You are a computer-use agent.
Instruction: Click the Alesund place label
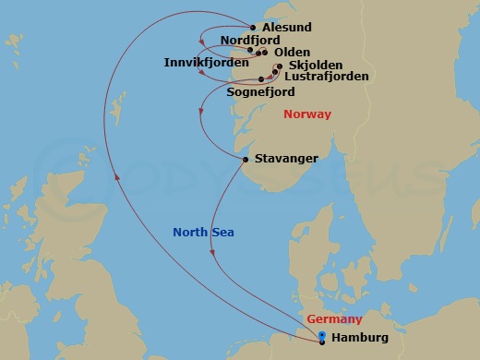pos(286,28)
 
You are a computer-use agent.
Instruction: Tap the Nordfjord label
pos(251,41)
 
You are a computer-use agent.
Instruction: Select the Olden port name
pos(292,53)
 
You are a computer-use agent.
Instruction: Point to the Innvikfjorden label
pos(204,62)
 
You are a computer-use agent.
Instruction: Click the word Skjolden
pos(316,66)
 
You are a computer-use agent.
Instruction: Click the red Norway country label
pos(307,114)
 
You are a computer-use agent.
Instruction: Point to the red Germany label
pos(334,319)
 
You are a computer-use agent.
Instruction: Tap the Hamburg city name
pos(359,338)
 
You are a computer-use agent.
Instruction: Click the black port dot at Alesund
pos(254,28)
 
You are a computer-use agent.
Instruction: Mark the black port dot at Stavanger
pos(245,160)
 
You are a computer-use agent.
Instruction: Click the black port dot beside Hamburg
pos(321,342)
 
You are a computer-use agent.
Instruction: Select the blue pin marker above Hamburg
pos(321,334)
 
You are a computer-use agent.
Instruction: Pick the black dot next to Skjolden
pos(279,66)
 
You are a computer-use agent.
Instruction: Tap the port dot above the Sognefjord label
pos(261,79)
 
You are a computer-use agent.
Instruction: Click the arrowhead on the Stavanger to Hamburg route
pos(215,251)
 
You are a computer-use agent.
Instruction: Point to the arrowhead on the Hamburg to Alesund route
pos(116,178)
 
